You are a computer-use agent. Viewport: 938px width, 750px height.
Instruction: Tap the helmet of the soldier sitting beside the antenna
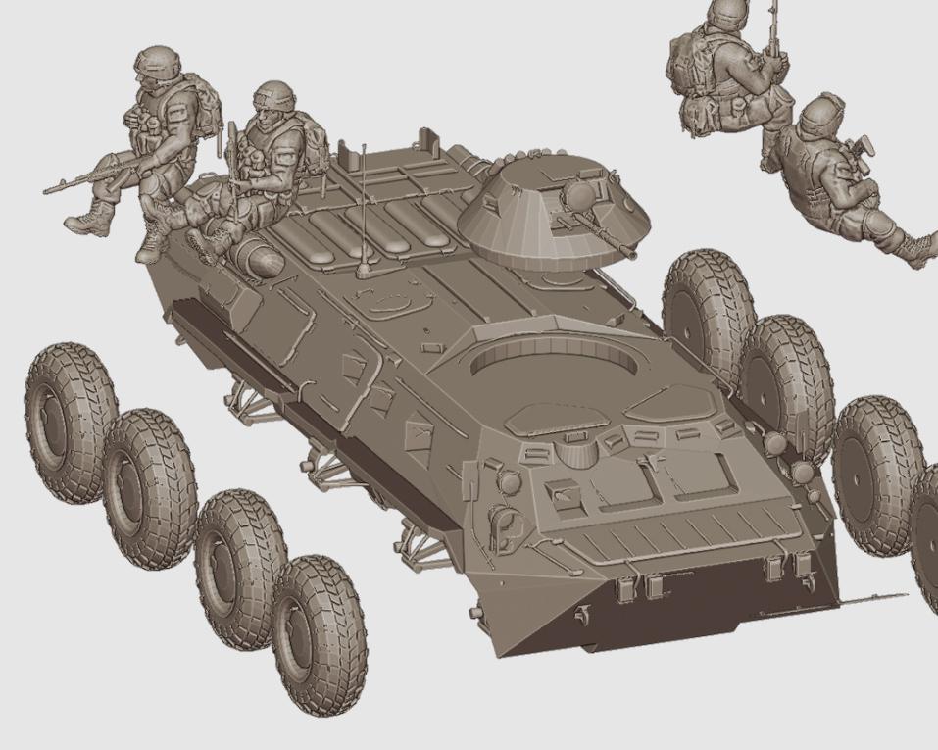click(x=273, y=96)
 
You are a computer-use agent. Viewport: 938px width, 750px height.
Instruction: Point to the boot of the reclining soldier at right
click(x=918, y=249)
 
